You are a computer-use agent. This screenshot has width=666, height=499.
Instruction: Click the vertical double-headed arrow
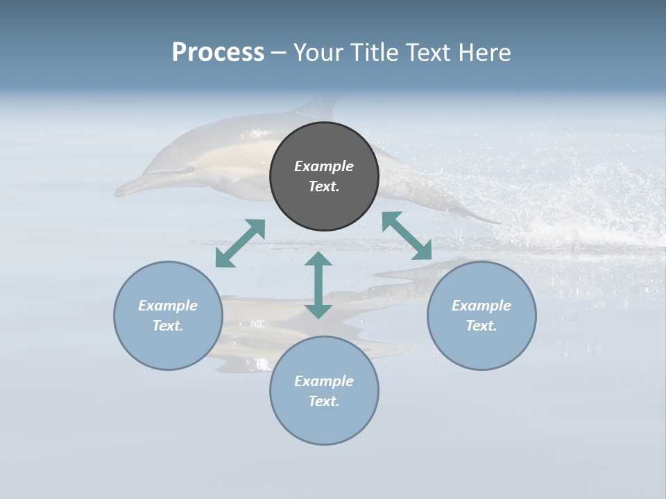318,285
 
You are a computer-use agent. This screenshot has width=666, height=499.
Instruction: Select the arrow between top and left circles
240,243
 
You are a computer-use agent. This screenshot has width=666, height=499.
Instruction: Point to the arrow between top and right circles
407,236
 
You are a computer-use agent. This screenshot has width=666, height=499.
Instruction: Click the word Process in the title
218,52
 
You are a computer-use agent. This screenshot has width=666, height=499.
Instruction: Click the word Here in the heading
485,52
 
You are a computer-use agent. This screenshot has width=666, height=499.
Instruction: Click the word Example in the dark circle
324,166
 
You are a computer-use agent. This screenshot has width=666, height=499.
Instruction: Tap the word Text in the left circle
168,326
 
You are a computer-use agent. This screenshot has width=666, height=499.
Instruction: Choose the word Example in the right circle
481,306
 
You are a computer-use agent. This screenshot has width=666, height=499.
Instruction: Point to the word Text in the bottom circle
324,401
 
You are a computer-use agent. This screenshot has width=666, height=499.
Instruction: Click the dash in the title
279,53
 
